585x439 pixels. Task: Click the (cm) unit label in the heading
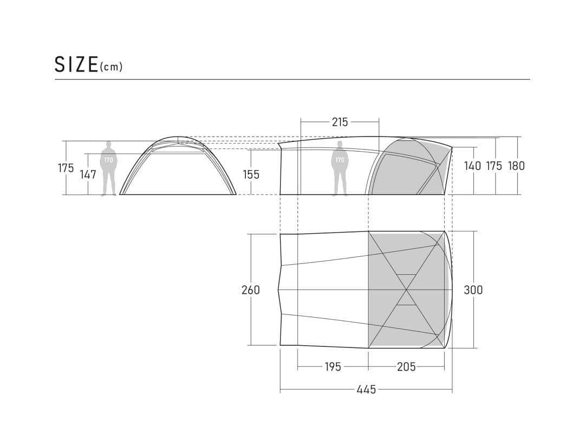[111, 67]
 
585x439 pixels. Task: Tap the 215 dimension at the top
[340, 122]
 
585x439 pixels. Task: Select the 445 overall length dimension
[366, 390]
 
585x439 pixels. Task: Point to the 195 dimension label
[333, 367]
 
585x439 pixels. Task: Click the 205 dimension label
[406, 367]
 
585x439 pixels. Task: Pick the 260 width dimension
[251, 289]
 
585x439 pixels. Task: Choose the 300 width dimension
[473, 289]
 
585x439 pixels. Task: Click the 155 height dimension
[251, 175]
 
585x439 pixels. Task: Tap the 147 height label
[88, 175]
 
